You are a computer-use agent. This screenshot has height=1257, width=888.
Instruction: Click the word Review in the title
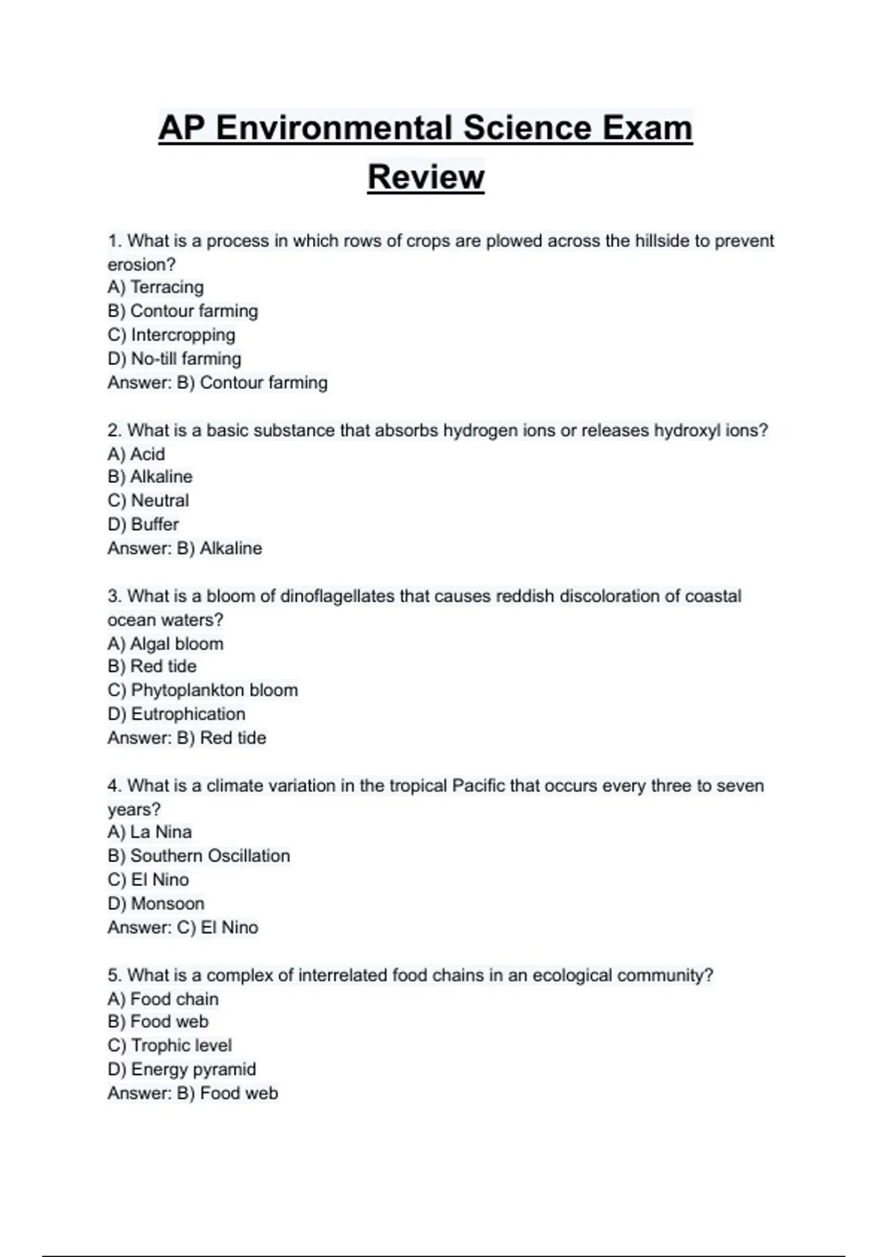pos(425,177)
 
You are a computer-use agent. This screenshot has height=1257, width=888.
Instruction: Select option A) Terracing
pos(155,287)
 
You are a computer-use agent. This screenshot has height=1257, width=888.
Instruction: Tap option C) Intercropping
pos(171,335)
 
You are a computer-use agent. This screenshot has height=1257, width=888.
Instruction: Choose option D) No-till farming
pos(174,359)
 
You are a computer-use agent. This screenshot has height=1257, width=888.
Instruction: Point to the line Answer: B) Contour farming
pos(218,382)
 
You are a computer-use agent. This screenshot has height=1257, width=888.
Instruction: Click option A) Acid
pos(136,454)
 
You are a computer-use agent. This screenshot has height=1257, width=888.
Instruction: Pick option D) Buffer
pos(143,524)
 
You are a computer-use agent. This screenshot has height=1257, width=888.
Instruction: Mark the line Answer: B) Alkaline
pos(185,548)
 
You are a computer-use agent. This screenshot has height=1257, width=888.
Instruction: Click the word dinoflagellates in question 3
pos(337,596)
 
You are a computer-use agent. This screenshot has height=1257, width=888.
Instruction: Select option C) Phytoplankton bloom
pos(203,690)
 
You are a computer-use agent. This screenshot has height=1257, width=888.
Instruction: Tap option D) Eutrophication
pos(176,714)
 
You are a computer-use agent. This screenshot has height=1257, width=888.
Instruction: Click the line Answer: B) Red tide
pos(186,737)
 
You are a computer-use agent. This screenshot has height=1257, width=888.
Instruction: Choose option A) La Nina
pos(149,832)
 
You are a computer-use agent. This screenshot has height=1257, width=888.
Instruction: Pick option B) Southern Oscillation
pos(198,855)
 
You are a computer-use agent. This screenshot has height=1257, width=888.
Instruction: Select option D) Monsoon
pos(155,904)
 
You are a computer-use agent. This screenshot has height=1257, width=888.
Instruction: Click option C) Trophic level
pos(169,1046)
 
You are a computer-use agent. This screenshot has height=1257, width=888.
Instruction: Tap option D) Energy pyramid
pos(181,1069)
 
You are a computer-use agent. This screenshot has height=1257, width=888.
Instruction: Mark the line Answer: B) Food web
pos(192,1093)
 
